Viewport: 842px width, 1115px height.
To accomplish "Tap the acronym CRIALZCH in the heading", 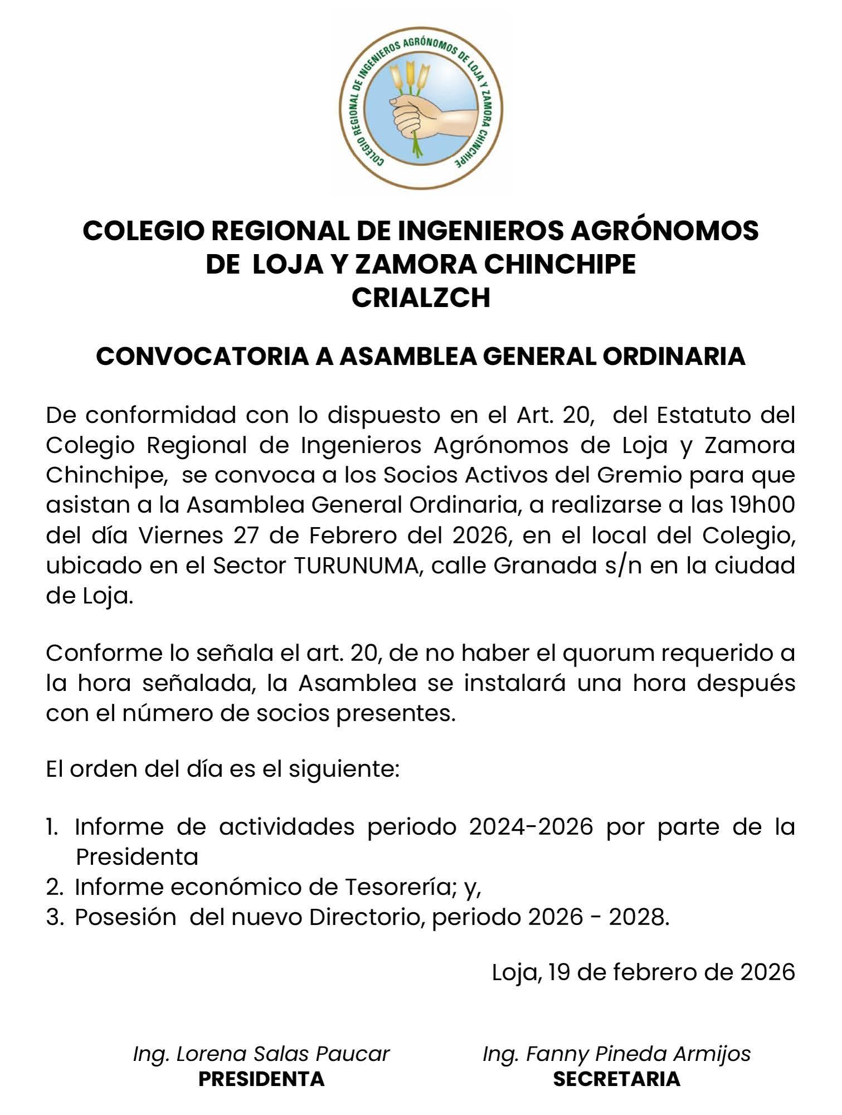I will click(x=421, y=298).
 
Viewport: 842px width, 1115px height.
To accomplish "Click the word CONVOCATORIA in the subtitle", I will click(x=201, y=357).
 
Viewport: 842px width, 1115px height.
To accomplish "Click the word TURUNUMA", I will click(x=356, y=566).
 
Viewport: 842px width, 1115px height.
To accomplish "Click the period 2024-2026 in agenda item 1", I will click(x=530, y=827).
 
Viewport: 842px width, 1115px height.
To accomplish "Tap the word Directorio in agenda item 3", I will click(x=367, y=918).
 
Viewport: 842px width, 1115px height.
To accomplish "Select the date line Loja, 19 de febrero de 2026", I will click(x=643, y=972).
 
